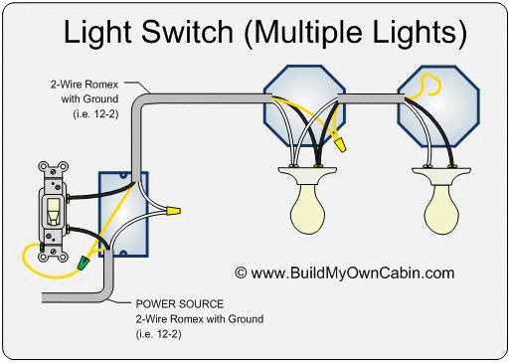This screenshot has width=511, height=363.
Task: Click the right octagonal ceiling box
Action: click(x=434, y=101)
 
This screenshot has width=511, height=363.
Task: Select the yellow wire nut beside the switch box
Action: click(x=173, y=211)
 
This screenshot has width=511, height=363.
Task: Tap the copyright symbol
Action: click(x=241, y=272)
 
